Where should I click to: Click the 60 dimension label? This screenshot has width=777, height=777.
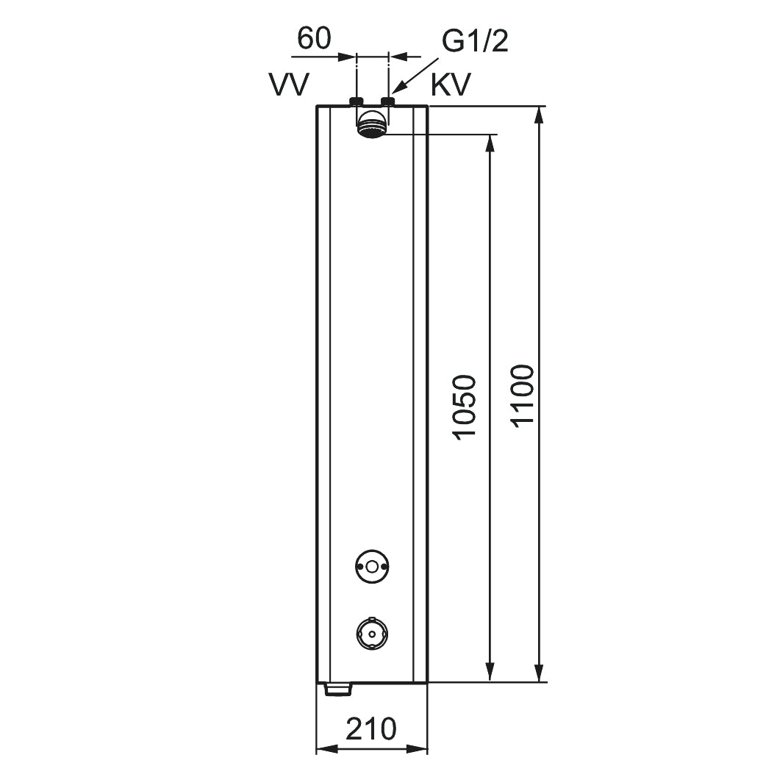click(314, 38)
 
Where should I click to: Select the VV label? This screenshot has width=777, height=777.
click(290, 85)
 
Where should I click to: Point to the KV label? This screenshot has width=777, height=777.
click(451, 85)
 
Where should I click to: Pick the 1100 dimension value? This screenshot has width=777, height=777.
click(523, 396)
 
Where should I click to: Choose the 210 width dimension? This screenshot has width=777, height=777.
click(371, 728)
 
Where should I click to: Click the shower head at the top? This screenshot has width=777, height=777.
click(372, 124)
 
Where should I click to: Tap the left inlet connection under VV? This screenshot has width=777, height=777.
click(357, 101)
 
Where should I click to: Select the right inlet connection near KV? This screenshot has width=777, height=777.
click(387, 101)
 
